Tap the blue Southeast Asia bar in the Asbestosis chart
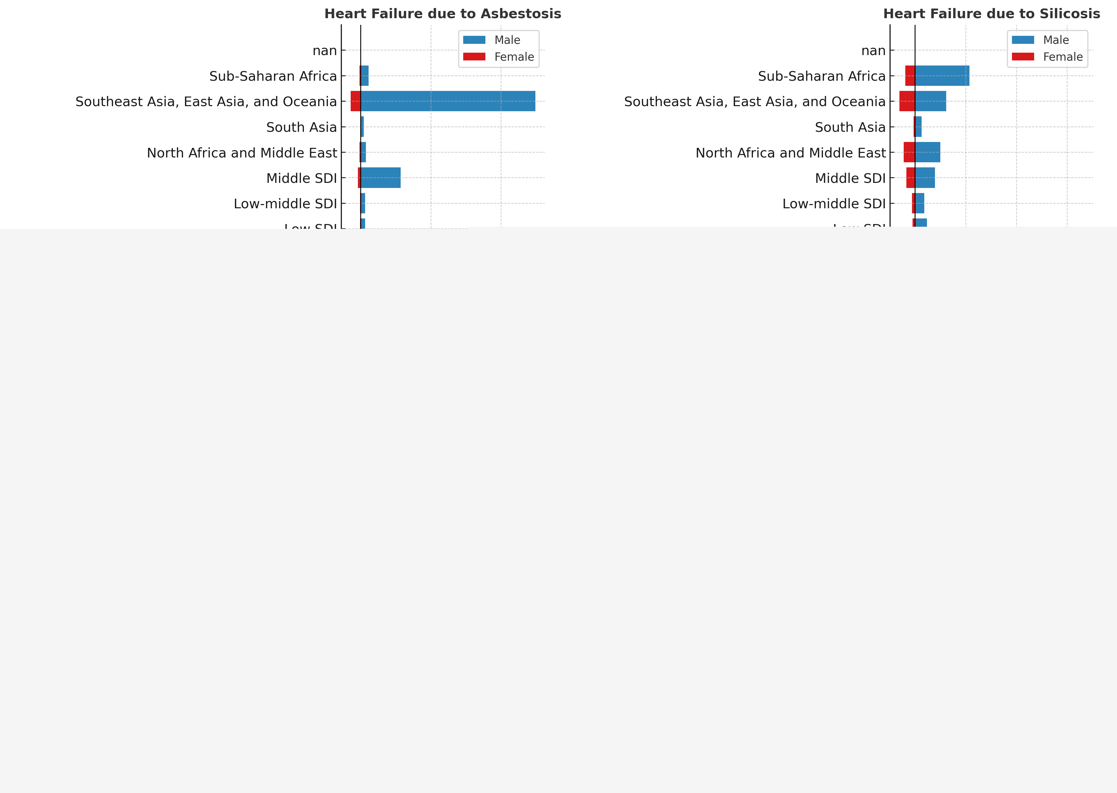[448, 101]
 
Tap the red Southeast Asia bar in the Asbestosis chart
[355, 101]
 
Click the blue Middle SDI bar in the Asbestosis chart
[381, 178]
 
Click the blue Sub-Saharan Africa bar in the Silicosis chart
[942, 76]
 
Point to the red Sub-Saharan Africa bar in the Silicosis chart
[910, 76]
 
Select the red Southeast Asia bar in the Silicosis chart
[907, 101]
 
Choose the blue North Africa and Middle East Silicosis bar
[927, 152]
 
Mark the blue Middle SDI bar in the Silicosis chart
[925, 178]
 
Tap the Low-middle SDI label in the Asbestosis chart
[285, 204]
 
